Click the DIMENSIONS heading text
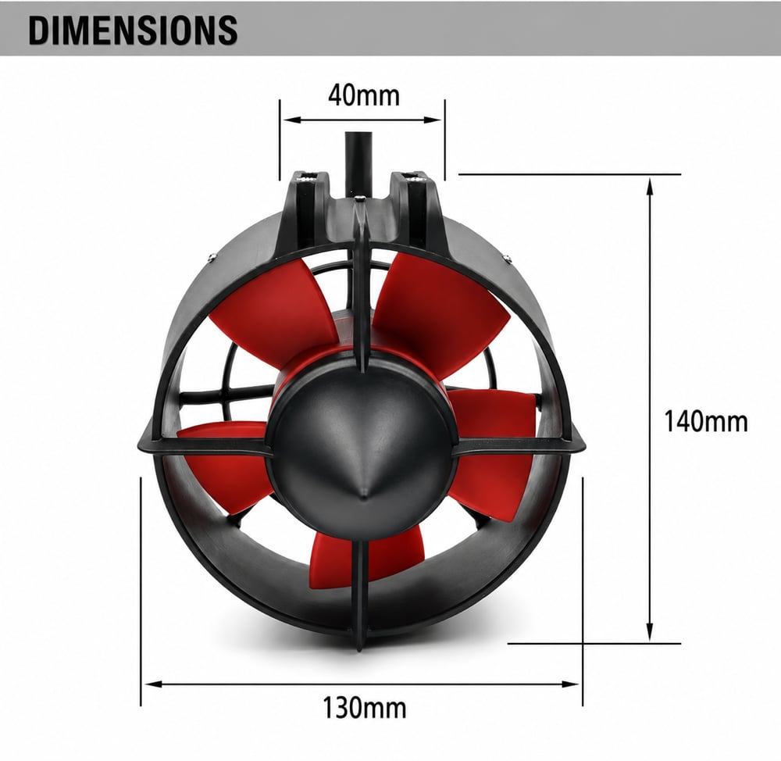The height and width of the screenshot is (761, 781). click(x=133, y=30)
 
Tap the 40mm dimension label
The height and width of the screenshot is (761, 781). click(x=364, y=95)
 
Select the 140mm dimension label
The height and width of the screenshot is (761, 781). click(x=706, y=421)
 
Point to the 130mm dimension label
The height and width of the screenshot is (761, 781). click(x=364, y=707)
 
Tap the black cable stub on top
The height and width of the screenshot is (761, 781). click(x=358, y=162)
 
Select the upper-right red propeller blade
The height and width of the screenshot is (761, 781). click(x=438, y=309)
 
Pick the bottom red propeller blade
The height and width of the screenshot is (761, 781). click(x=366, y=554)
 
